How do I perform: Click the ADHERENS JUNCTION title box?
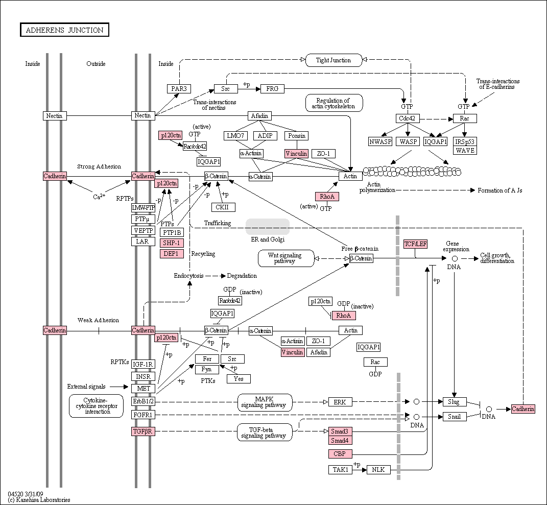click(64, 30)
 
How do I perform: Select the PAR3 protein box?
click(179, 89)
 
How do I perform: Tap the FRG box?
click(272, 89)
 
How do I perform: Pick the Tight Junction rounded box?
click(334, 60)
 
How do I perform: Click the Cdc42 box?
click(408, 118)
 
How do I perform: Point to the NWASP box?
click(380, 141)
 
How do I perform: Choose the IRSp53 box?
click(465, 141)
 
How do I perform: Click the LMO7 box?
click(235, 136)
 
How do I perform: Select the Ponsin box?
click(297, 136)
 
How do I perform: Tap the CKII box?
click(223, 207)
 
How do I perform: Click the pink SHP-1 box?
click(172, 243)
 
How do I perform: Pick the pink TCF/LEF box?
click(415, 244)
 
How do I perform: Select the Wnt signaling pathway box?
click(286, 258)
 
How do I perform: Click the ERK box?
click(340, 402)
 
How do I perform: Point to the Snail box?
click(455, 417)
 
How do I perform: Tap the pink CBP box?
click(340, 454)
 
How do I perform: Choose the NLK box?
click(378, 470)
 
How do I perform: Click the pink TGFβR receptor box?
click(143, 431)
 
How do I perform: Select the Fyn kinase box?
click(207, 369)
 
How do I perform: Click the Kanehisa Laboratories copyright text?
click(39, 500)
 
